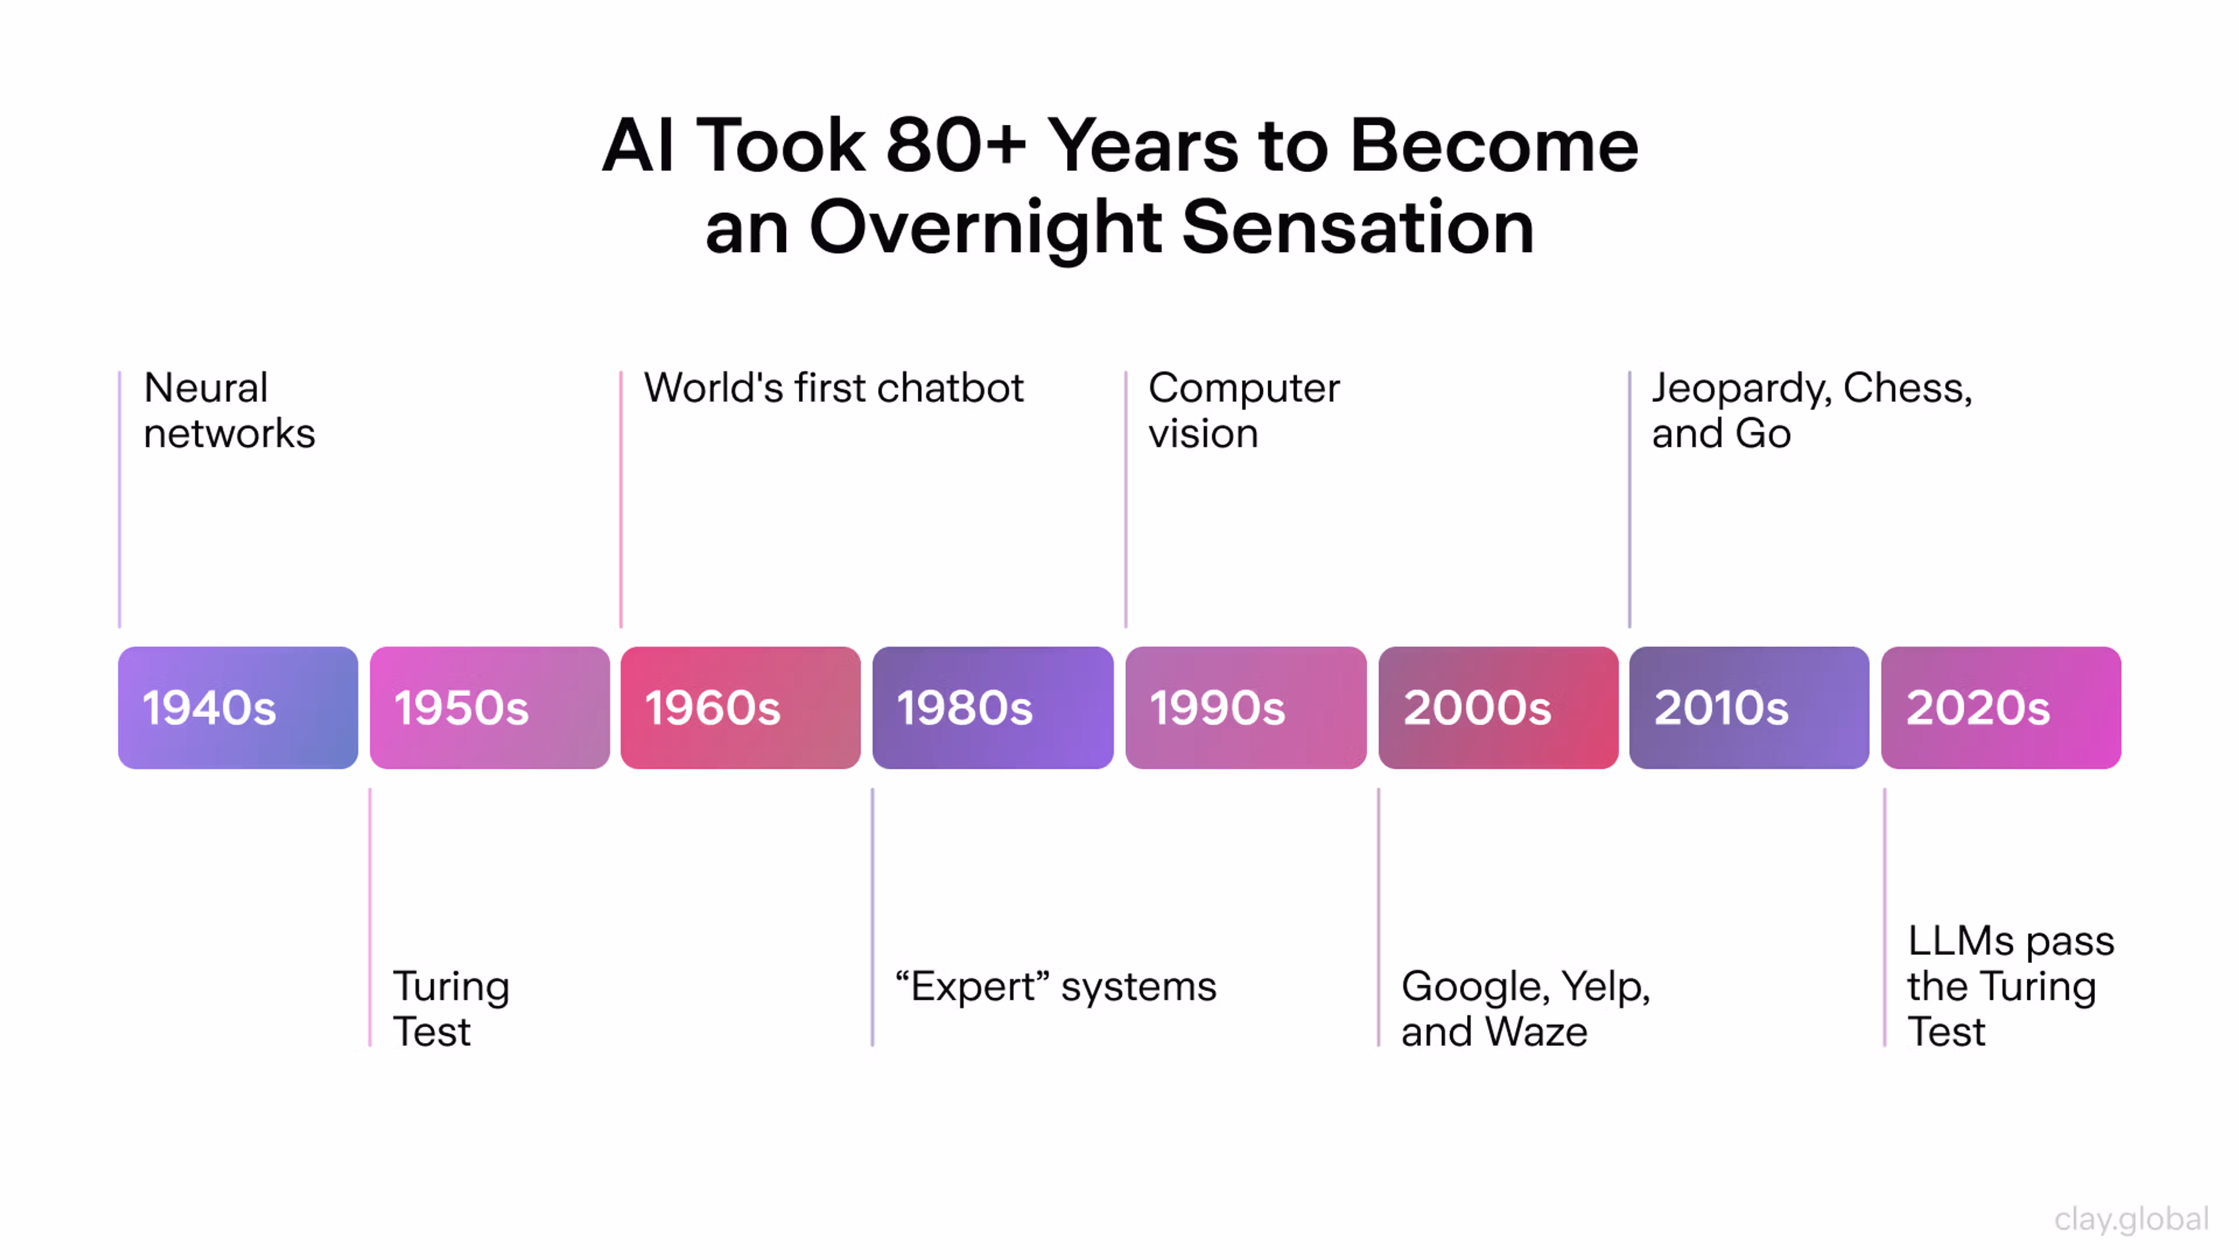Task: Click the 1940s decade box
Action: (237, 707)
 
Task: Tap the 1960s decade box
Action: (741, 707)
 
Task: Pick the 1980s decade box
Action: (992, 707)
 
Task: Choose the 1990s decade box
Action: (1245, 707)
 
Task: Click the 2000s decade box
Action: (1498, 707)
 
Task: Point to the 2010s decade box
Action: (1749, 707)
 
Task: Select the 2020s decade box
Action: (2001, 707)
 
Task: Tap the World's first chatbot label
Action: (834, 388)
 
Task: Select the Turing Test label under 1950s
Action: (451, 1009)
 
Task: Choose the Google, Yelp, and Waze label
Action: (1525, 1009)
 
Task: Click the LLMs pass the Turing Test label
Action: (2011, 986)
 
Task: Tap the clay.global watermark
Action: (2131, 1220)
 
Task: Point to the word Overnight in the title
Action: (985, 228)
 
